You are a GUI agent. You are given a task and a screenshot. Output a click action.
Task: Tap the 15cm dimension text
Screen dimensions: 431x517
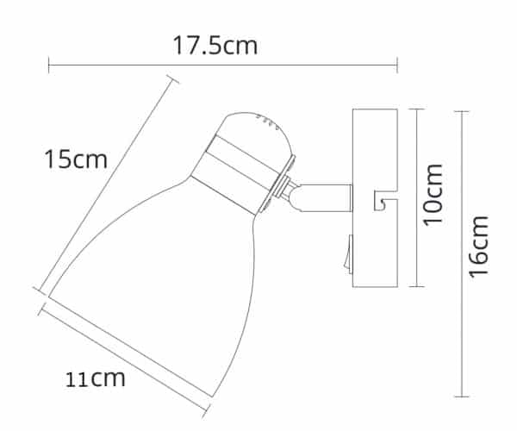click(x=77, y=159)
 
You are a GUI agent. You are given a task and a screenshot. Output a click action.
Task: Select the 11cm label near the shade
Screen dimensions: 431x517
click(x=96, y=378)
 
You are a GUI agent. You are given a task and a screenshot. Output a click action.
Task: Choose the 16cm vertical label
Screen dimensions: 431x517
click(x=480, y=246)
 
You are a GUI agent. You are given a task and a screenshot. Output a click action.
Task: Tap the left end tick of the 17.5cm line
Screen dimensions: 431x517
click(x=49, y=64)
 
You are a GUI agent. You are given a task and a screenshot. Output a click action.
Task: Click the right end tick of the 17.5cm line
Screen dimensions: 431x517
click(x=397, y=64)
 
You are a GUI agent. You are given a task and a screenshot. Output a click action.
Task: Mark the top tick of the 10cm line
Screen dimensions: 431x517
click(x=418, y=109)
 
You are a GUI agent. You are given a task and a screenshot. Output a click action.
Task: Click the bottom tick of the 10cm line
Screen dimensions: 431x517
click(x=418, y=286)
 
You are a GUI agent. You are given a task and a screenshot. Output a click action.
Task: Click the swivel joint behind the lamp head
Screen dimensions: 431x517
click(x=290, y=194)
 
